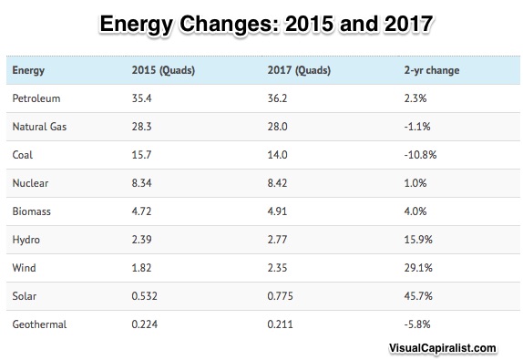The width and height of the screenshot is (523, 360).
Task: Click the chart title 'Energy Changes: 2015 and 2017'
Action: [266, 24]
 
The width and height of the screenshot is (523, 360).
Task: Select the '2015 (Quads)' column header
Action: [163, 70]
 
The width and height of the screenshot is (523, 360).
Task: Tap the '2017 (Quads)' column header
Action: [299, 70]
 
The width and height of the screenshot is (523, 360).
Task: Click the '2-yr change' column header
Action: [432, 70]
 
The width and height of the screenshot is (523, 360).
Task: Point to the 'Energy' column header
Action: [28, 71]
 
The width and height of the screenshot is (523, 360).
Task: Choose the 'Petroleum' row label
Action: [36, 98]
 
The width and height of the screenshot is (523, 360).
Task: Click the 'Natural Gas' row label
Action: [39, 127]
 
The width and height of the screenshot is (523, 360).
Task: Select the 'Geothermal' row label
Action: [39, 324]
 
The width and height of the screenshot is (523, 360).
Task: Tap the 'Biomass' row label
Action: [31, 211]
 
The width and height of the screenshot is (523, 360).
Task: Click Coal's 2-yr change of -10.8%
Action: [420, 155]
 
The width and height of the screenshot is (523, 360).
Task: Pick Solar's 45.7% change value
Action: [418, 296]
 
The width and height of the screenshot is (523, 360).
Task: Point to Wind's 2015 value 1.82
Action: [141, 268]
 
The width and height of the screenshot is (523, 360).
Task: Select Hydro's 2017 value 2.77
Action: [277, 240]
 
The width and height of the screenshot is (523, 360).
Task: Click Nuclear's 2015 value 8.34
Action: [141, 183]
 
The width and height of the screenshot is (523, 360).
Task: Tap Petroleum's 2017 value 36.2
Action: [277, 98]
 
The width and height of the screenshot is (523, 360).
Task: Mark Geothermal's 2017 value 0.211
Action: [280, 324]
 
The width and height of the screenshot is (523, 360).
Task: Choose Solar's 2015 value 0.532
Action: [145, 296]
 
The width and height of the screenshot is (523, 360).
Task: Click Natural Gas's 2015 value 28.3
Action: [141, 127]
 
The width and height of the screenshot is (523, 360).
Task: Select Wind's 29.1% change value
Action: [418, 268]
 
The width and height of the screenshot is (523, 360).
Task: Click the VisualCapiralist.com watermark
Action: [443, 348]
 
